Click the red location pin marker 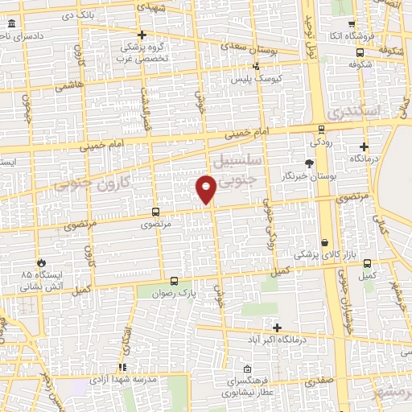pos(207,189)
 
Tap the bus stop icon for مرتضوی pos(156,212)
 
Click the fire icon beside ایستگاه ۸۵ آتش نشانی pos(41,262)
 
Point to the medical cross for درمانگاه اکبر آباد pos(278,328)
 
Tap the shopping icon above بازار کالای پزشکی pos(324,242)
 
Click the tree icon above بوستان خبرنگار pos(309,163)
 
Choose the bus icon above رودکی pos(321,129)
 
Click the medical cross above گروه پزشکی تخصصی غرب pos(142,35)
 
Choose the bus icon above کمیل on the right pos(368,263)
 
